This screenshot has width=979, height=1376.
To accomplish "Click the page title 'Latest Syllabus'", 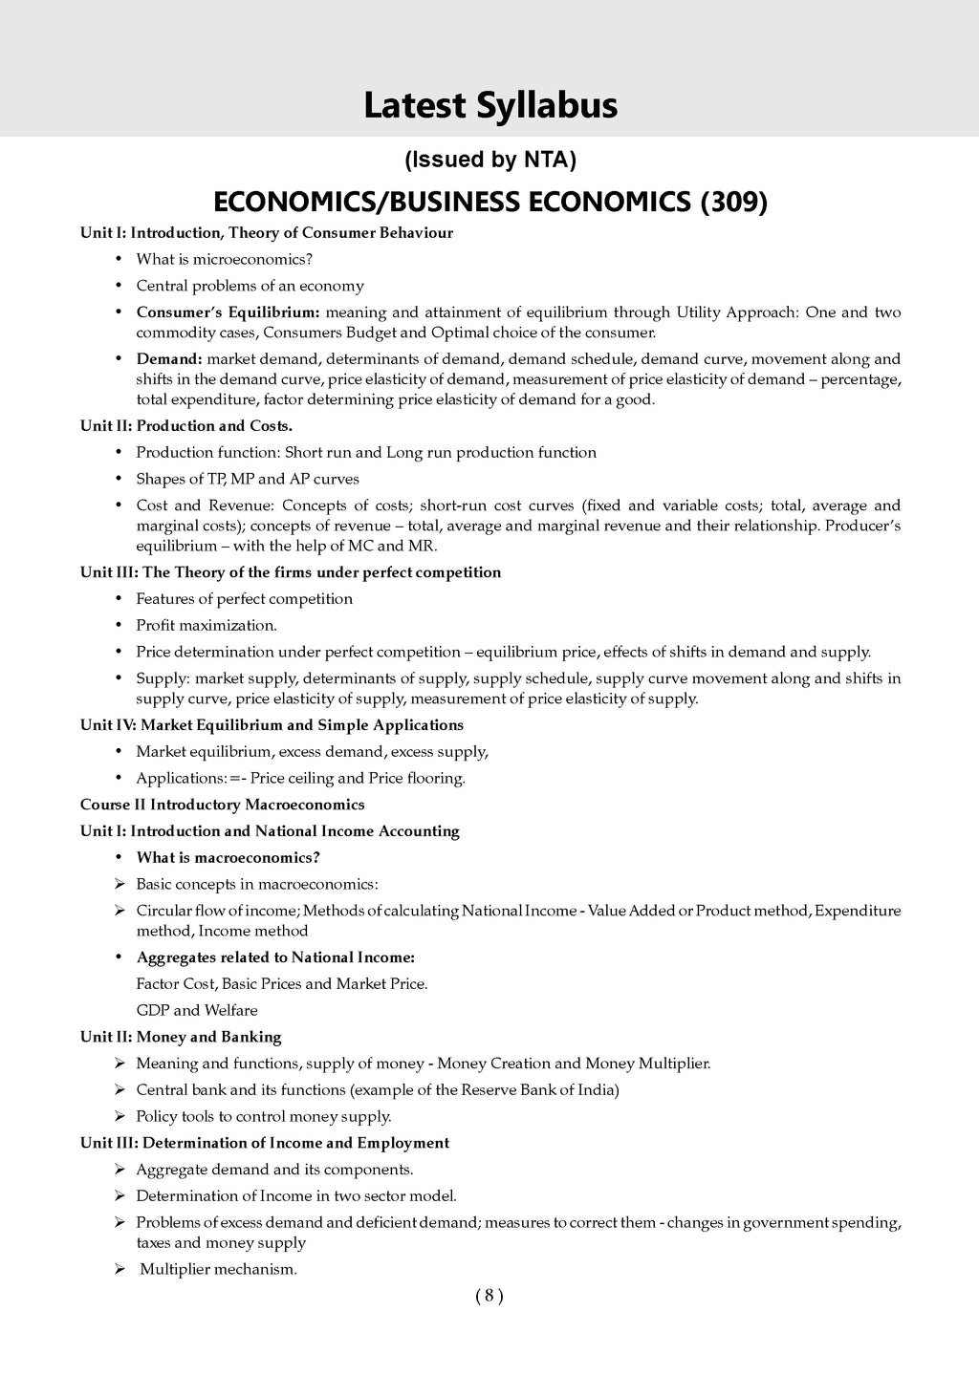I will [x=490, y=105].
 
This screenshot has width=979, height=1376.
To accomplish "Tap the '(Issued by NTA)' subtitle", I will [x=490, y=161].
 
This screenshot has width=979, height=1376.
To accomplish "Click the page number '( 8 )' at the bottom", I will [x=489, y=1296].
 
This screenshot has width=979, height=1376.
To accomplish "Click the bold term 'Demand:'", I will [x=169, y=359].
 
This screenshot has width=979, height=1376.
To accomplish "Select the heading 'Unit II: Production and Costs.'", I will [x=186, y=426].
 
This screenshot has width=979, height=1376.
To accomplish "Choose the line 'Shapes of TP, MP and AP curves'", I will [x=248, y=479].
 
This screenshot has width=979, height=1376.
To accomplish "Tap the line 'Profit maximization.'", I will [x=207, y=625].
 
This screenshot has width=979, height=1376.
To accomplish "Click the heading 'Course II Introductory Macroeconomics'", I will [x=222, y=805].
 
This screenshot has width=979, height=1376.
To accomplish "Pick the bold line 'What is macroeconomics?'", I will [x=228, y=857].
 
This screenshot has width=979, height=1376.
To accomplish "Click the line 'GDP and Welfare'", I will [x=197, y=1010].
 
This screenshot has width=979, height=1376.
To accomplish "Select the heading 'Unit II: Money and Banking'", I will [x=181, y=1037].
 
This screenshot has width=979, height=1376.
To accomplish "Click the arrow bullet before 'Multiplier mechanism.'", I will [x=120, y=1270].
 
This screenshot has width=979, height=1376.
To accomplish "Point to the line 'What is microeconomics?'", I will [x=225, y=259].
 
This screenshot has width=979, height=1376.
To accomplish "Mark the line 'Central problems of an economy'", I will [x=250, y=286].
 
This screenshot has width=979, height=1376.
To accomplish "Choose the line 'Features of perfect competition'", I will [x=245, y=599].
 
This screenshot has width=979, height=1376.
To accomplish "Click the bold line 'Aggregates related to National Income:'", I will [x=275, y=957].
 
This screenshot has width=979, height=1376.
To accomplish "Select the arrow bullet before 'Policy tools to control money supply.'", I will [x=120, y=1116].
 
